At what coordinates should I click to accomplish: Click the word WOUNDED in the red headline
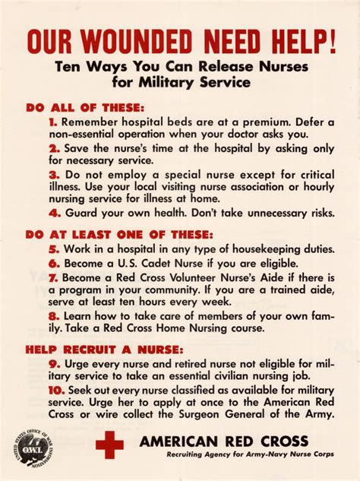coord(139,41)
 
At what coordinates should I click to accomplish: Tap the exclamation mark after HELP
coord(331,40)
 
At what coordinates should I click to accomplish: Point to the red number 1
coord(53,122)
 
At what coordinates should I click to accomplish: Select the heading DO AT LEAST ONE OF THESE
coord(119,235)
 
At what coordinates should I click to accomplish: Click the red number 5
coord(54,249)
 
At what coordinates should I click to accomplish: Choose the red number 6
coord(54,263)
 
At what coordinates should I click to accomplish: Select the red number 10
coord(54,389)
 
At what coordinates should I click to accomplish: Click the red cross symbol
coord(109,445)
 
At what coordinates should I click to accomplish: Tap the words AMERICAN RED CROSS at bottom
coord(223,441)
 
